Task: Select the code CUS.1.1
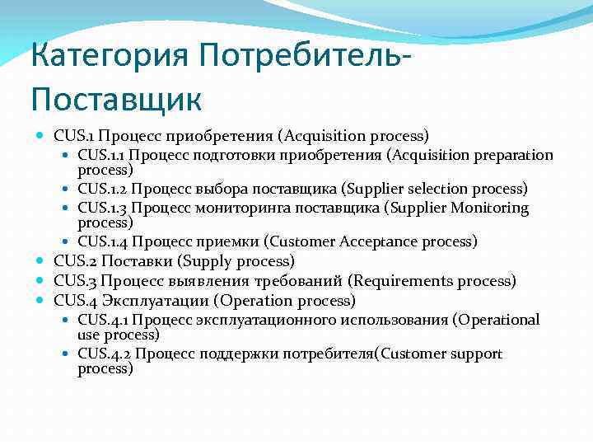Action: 101,155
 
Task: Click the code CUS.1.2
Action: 102,190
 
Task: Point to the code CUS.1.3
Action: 102,207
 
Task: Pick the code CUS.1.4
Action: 102,241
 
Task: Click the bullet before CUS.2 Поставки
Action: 41,261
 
